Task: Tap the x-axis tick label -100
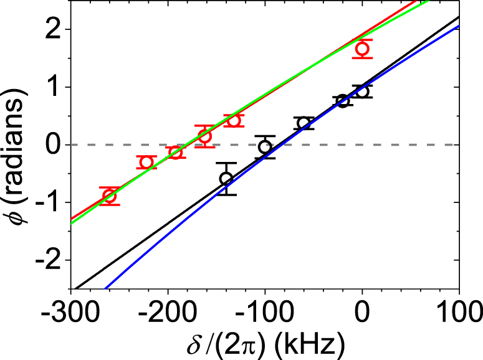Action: coord(265,310)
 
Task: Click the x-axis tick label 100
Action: coord(459,310)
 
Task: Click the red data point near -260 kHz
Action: coord(110,196)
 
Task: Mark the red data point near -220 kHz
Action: coord(146,163)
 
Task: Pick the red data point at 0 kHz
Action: coord(362,49)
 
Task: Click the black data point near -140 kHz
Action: coord(226,179)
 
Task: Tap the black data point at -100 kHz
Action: coord(265,147)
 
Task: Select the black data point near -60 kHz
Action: coord(304,123)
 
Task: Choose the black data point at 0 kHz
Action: coord(362,92)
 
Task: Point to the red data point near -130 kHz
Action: coord(234,120)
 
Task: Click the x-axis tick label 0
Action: coord(362,310)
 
